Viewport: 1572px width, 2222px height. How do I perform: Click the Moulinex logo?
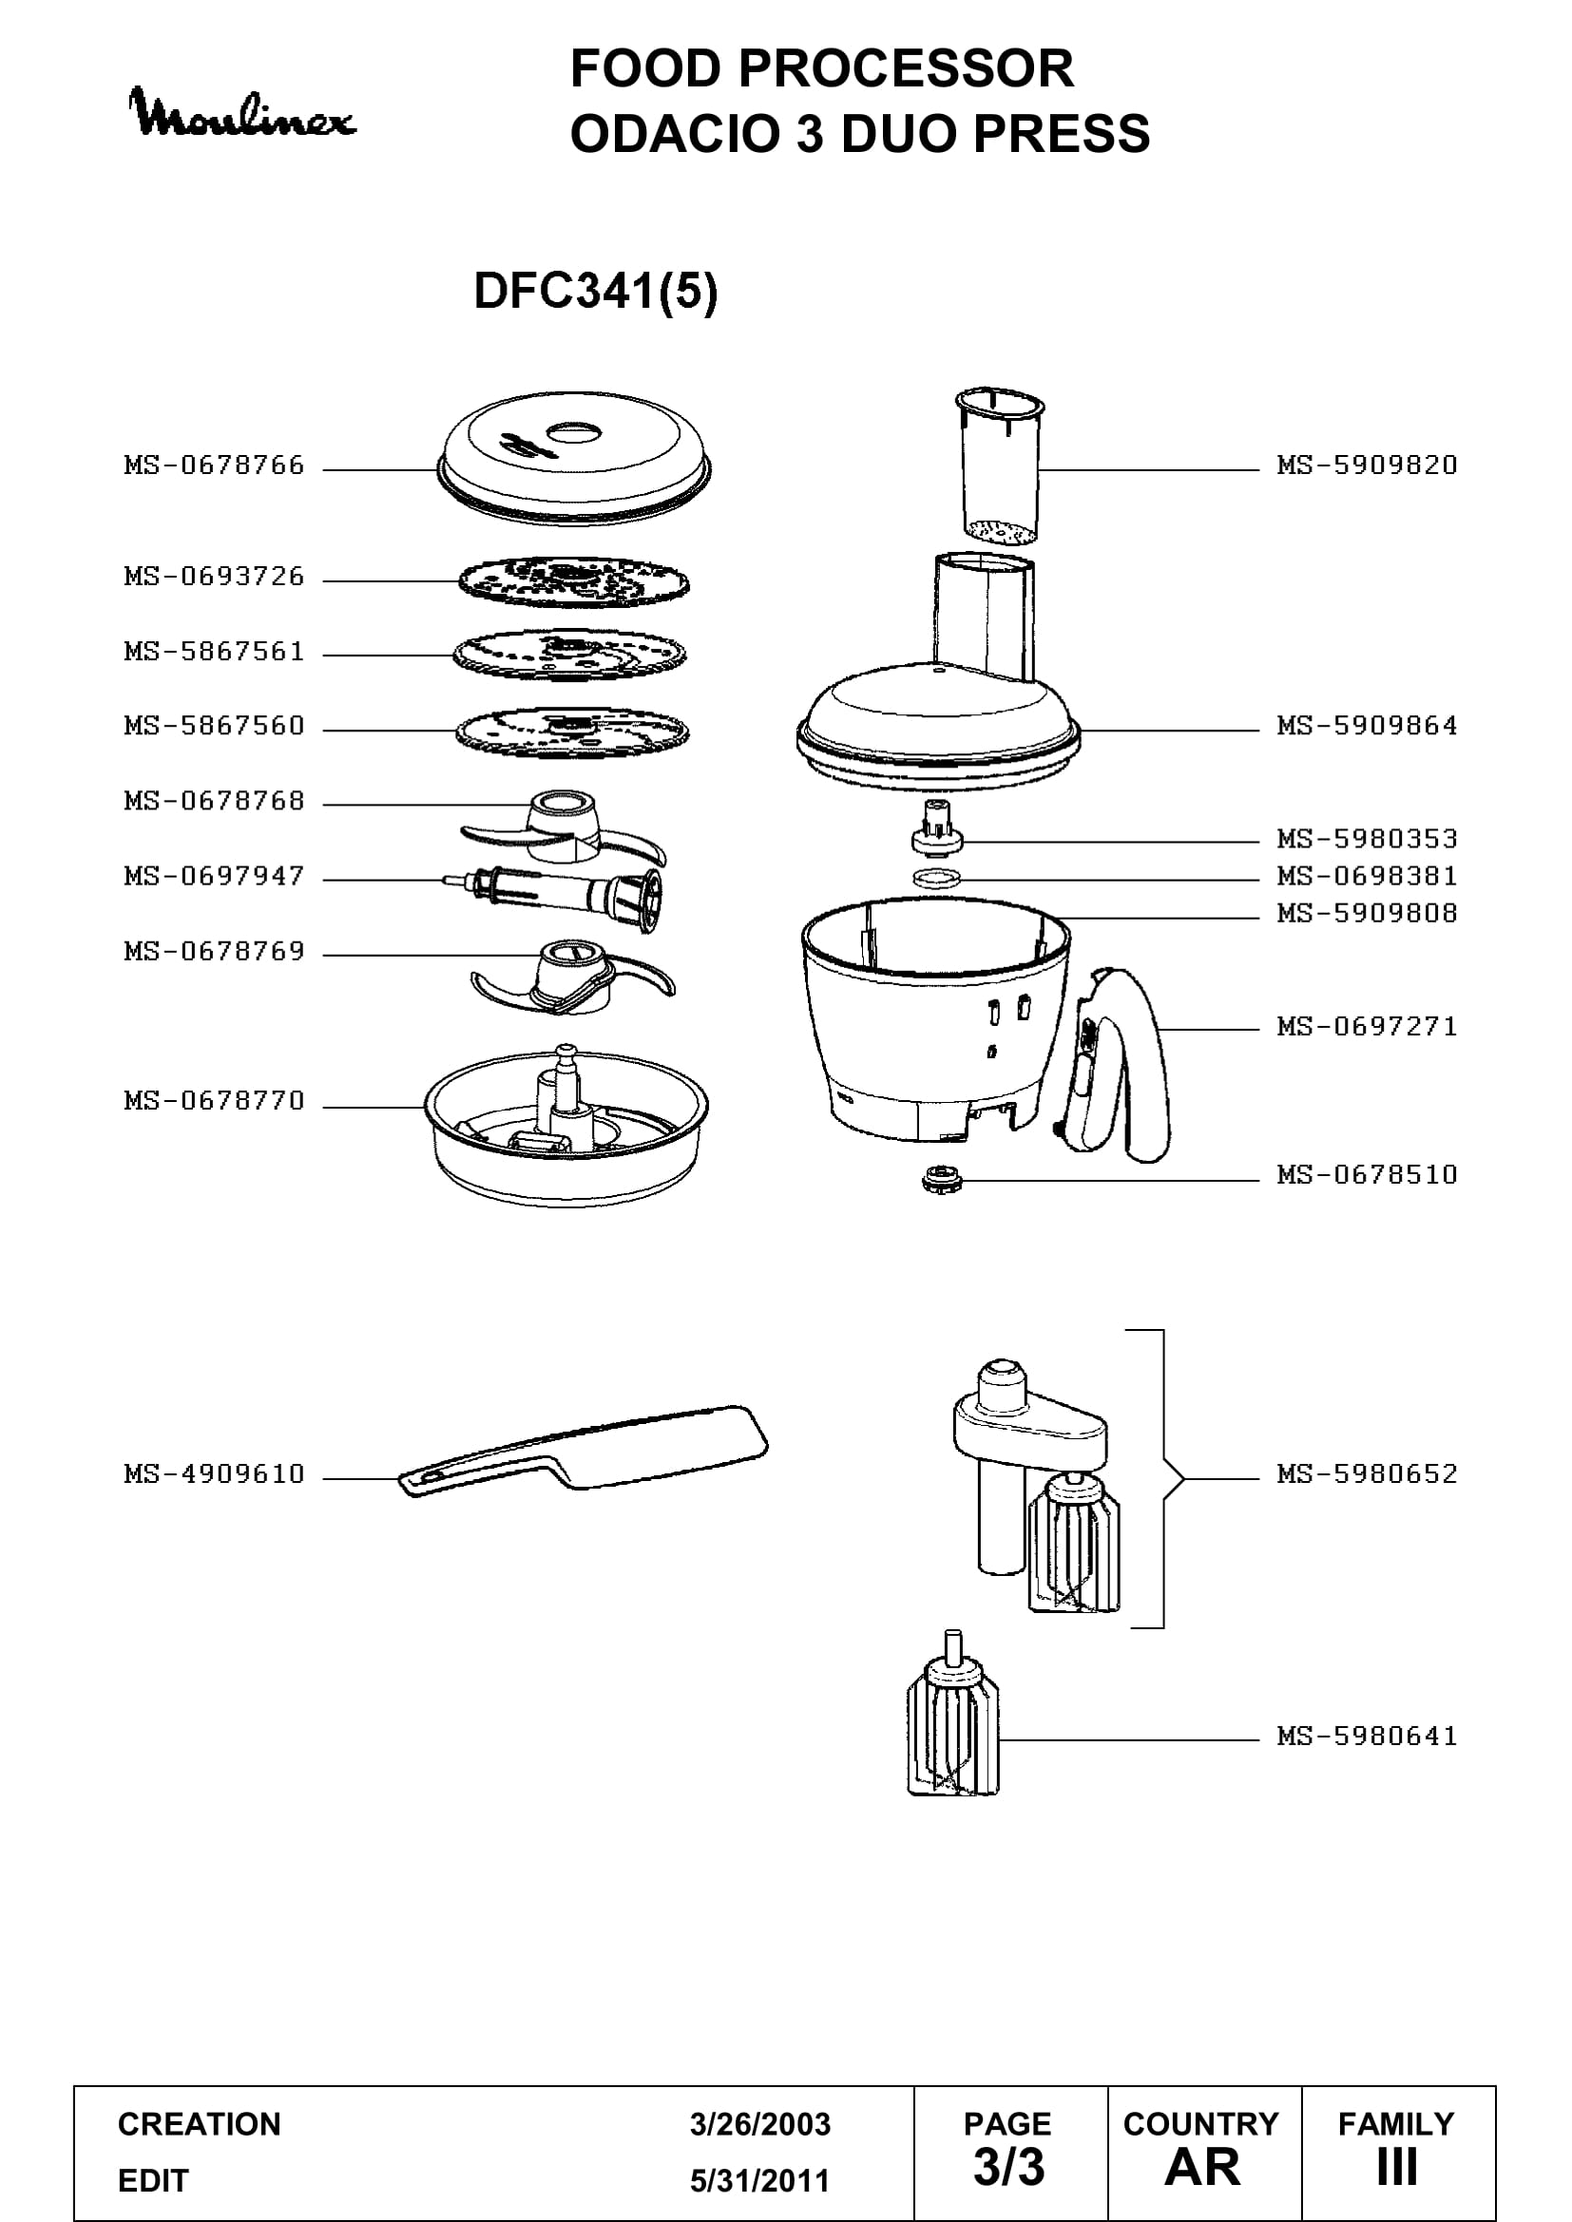click(x=242, y=113)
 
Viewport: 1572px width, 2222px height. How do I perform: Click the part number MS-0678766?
click(x=214, y=465)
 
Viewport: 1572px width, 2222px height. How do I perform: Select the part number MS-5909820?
click(x=1367, y=465)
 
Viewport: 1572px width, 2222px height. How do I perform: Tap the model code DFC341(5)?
click(x=595, y=291)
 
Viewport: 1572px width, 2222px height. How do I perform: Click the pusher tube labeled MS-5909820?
click(x=1000, y=466)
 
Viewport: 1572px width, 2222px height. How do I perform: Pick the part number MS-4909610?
click(x=214, y=1474)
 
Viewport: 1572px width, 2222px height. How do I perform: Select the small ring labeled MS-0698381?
click(x=937, y=879)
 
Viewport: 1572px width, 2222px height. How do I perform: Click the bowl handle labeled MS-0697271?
click(x=1118, y=1065)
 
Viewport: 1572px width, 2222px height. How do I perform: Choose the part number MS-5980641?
click(x=1367, y=1737)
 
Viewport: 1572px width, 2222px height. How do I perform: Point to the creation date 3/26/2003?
click(x=760, y=2124)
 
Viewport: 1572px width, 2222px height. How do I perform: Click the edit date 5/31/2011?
click(x=760, y=2180)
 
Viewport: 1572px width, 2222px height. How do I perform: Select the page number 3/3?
click(x=1008, y=2168)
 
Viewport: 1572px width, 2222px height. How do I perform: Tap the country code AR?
click(x=1202, y=2168)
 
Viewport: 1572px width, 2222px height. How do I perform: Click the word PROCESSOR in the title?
click(x=905, y=68)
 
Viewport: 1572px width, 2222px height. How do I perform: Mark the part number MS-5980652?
click(x=1367, y=1474)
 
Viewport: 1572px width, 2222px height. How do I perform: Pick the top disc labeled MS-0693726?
click(x=574, y=581)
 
